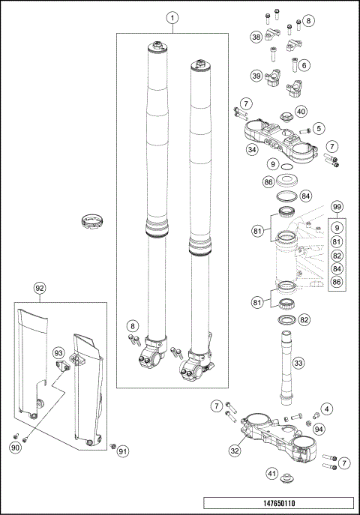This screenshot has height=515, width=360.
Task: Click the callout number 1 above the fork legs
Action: point(172,17)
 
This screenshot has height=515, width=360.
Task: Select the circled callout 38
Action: point(256,37)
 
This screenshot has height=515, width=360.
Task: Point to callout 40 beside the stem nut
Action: point(301,112)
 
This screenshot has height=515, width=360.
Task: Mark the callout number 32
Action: point(235,451)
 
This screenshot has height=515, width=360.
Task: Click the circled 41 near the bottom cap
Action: point(272,473)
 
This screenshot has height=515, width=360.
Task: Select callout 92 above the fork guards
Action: point(40,287)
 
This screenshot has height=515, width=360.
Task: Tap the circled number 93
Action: point(58,352)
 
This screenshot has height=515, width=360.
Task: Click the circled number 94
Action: point(319,429)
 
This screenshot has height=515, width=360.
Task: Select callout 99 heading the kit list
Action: point(337,206)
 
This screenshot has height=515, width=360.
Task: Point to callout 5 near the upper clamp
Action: point(319,128)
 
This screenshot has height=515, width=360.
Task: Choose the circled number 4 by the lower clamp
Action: point(326,409)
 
